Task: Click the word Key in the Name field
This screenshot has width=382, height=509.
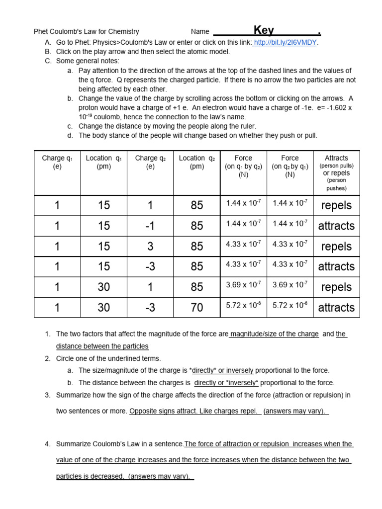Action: pyautogui.click(x=264, y=30)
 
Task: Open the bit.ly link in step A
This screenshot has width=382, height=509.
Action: pyautogui.click(x=286, y=42)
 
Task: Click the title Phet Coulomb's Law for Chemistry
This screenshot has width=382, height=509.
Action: pyautogui.click(x=86, y=31)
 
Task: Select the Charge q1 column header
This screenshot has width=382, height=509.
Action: pyautogui.click(x=57, y=162)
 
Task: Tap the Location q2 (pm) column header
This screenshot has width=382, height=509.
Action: pyautogui.click(x=197, y=162)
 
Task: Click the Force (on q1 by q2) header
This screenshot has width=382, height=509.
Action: pyautogui.click(x=243, y=166)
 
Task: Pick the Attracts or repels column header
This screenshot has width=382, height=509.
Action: pyautogui.click(x=336, y=172)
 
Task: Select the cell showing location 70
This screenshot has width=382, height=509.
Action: pyautogui.click(x=197, y=308)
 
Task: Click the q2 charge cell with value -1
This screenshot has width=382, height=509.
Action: pyautogui.click(x=150, y=226)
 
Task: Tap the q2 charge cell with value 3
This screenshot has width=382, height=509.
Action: pyautogui.click(x=150, y=246)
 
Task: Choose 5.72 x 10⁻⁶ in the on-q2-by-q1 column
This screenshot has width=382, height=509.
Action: pyautogui.click(x=290, y=306)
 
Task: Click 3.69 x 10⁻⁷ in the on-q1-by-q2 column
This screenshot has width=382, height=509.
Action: pyautogui.click(x=243, y=285)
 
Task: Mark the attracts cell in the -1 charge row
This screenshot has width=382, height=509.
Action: pyautogui.click(x=336, y=226)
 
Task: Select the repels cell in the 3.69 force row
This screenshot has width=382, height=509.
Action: pyautogui.click(x=336, y=287)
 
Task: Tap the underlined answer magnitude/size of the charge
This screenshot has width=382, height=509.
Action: pyautogui.click(x=275, y=334)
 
